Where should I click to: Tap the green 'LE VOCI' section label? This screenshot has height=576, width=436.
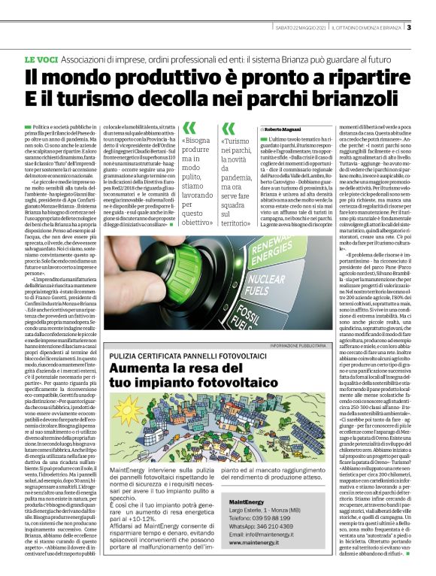[x=42, y=59]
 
